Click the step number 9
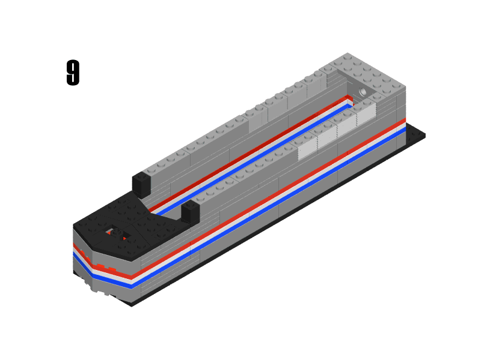pos(73,73)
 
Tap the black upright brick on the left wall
pos(141,184)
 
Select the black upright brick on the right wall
pos(190,213)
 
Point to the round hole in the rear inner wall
pos(363,92)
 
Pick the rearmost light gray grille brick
pos(366,114)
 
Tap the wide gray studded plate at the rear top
pos(361,72)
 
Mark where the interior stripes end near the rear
pos(349,100)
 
